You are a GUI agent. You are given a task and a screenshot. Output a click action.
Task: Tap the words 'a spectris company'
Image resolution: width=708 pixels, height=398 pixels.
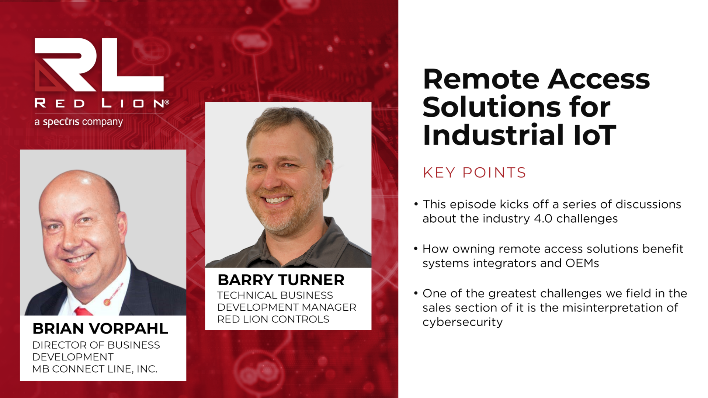coord(79,122)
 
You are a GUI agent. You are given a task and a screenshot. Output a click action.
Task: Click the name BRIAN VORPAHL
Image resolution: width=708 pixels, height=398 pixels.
coord(100,328)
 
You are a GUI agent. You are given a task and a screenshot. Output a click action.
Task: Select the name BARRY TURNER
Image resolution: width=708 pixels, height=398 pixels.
coord(281,280)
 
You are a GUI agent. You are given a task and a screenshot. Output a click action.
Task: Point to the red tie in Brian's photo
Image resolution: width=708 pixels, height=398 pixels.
coord(83,311)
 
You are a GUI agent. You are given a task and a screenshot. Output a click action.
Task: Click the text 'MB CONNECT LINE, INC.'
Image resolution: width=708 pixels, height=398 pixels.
coord(95,369)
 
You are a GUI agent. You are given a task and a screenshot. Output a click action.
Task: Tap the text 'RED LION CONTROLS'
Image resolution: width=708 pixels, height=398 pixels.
coord(273,319)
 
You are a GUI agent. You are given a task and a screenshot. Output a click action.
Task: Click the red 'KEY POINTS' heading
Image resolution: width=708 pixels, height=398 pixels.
coord(474,172)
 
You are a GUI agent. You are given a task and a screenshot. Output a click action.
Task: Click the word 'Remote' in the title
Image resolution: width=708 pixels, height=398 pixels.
coord(481,79)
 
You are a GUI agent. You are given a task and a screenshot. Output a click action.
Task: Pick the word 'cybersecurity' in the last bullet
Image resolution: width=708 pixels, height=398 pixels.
coord(462,322)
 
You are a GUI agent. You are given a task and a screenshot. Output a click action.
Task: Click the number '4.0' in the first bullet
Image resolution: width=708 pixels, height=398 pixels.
coord(543,219)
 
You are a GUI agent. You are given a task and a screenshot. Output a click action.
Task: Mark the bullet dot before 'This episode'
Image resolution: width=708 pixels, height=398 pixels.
coord(416,204)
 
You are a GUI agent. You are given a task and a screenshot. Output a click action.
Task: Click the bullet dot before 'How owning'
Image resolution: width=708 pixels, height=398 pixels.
coord(416,248)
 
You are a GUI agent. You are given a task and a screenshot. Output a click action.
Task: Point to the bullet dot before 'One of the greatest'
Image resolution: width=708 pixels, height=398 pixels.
coord(416,293)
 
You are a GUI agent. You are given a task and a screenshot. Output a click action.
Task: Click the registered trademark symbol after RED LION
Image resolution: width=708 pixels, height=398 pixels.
coord(167,102)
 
